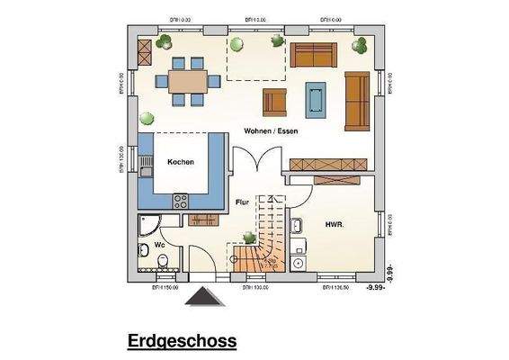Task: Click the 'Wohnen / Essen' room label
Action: click(265, 131)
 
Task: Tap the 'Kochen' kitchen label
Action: click(180, 162)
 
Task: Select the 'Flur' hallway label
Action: click(242, 202)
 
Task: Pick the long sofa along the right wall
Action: click(357, 99)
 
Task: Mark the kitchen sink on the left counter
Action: click(145, 165)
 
